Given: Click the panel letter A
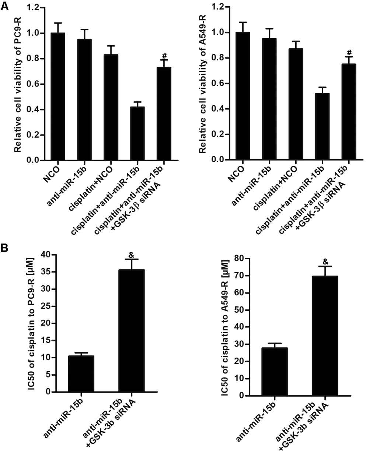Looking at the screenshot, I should (x=5, y=6).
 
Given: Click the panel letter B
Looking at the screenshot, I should (x=5, y=247).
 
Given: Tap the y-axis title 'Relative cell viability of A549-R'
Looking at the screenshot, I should (x=202, y=84).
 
